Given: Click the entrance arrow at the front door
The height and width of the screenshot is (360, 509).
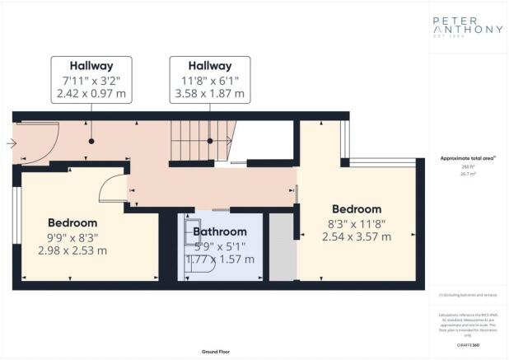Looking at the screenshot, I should coord(9,143).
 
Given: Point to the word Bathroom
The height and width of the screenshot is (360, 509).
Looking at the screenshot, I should coord(220,232).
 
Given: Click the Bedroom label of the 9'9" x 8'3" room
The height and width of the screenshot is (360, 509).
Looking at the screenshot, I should coord(72,222).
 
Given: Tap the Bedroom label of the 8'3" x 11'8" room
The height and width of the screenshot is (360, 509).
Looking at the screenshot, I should coord(357,209).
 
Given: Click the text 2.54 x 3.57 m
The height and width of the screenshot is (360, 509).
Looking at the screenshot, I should coord(357,237).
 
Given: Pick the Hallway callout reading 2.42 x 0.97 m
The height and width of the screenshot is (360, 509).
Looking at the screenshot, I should coord(91,79).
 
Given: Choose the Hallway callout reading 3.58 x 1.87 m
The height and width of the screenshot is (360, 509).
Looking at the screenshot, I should coord(211,79).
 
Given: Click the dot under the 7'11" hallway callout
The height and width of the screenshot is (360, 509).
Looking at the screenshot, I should coord(91,141).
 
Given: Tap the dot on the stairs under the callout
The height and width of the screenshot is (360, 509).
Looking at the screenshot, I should coord(211,141).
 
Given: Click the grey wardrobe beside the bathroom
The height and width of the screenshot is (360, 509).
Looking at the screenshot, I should coord(282,246).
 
